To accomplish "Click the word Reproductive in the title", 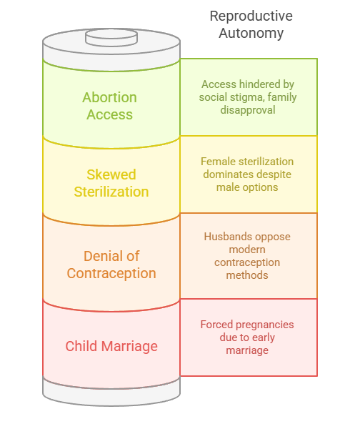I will click(x=251, y=16).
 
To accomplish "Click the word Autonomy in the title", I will click(x=251, y=33).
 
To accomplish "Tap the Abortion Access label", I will click(x=110, y=106).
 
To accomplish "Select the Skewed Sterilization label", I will click(x=111, y=183).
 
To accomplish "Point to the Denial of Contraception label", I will click(x=111, y=265).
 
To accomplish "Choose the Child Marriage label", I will click(x=111, y=346).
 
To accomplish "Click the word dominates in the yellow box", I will click(x=226, y=174).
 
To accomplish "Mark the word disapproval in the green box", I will click(x=248, y=110).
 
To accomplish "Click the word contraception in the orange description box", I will click(x=248, y=262).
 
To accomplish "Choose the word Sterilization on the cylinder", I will click(x=111, y=192).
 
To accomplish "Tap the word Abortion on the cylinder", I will click(x=110, y=97).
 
